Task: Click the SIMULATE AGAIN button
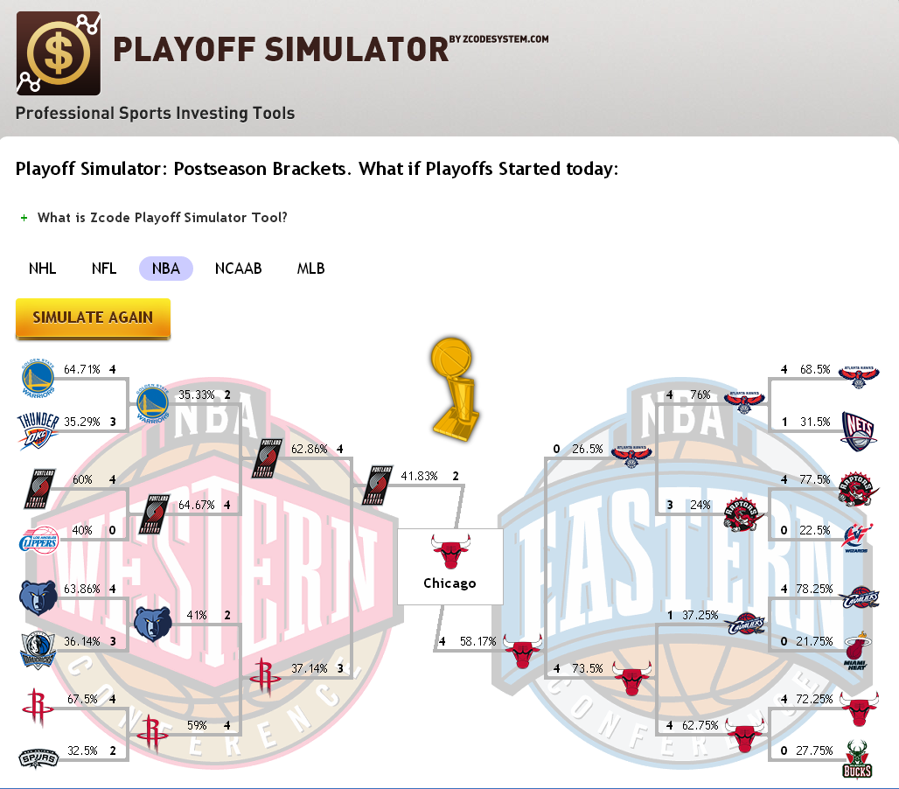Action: click(x=93, y=318)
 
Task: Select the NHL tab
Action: click(x=43, y=269)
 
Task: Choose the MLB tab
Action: click(x=310, y=269)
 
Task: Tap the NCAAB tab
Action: click(x=239, y=269)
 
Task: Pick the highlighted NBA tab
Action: click(x=165, y=269)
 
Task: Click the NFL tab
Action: click(x=104, y=269)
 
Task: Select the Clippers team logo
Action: click(x=38, y=539)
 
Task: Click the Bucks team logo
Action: click(x=858, y=758)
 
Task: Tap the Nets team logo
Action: click(x=858, y=429)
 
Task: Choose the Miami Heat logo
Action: click(x=858, y=649)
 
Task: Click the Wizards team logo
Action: click(x=858, y=539)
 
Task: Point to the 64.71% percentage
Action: click(x=80, y=370)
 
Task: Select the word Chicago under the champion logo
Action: click(x=449, y=583)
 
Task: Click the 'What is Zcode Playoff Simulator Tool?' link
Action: click(x=162, y=218)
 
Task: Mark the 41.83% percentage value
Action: click(x=420, y=477)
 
